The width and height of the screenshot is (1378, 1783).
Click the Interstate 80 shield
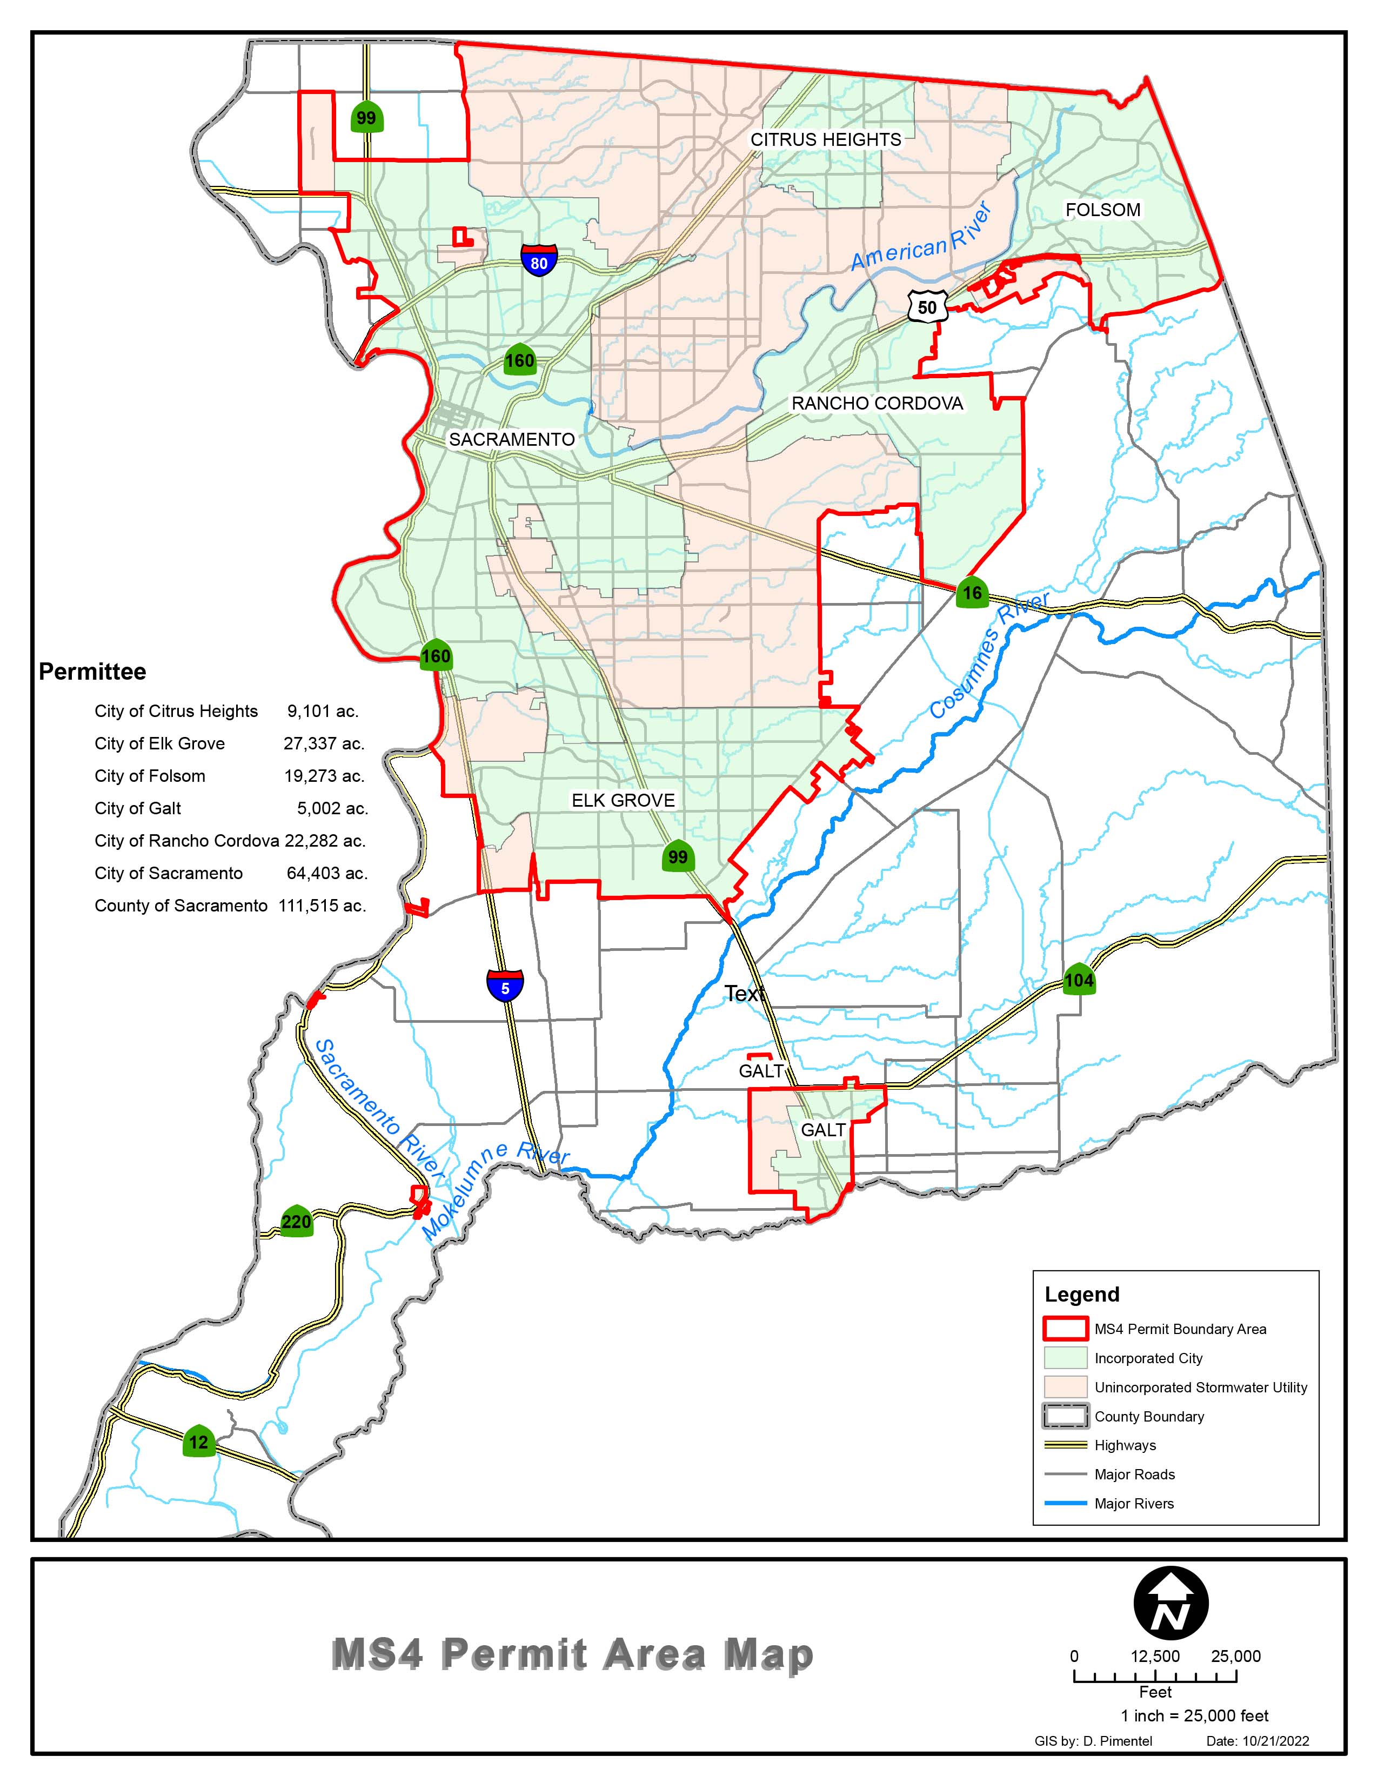pyautogui.click(x=539, y=259)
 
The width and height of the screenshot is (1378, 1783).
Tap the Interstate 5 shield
pyautogui.click(x=505, y=986)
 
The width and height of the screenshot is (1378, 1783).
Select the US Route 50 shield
pyautogui.click(x=927, y=306)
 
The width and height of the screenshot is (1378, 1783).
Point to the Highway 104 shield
pyautogui.click(x=1079, y=979)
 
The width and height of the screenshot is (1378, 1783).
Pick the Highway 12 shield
pyautogui.click(x=198, y=1441)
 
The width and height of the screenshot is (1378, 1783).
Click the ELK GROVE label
pyautogui.click(x=623, y=800)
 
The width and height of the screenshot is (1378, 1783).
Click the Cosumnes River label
pyautogui.click(x=989, y=657)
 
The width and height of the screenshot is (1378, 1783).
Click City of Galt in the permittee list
pyautogui.click(x=138, y=808)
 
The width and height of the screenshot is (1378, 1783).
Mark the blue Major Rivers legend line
pyautogui.click(x=1065, y=1504)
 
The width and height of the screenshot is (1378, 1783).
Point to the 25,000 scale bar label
pyautogui.click(x=1236, y=1657)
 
